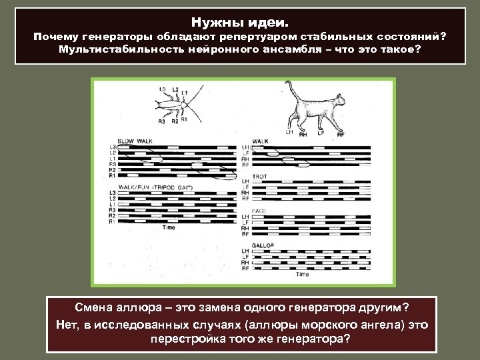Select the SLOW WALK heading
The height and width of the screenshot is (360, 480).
coord(135,141)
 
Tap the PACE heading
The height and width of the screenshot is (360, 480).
coord(259,211)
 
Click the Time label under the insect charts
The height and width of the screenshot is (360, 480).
coord(169,228)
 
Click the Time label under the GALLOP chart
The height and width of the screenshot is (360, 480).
coord(303,274)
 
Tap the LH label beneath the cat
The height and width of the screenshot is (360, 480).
coord(289,132)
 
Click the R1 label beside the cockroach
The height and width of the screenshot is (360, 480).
coord(184,120)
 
